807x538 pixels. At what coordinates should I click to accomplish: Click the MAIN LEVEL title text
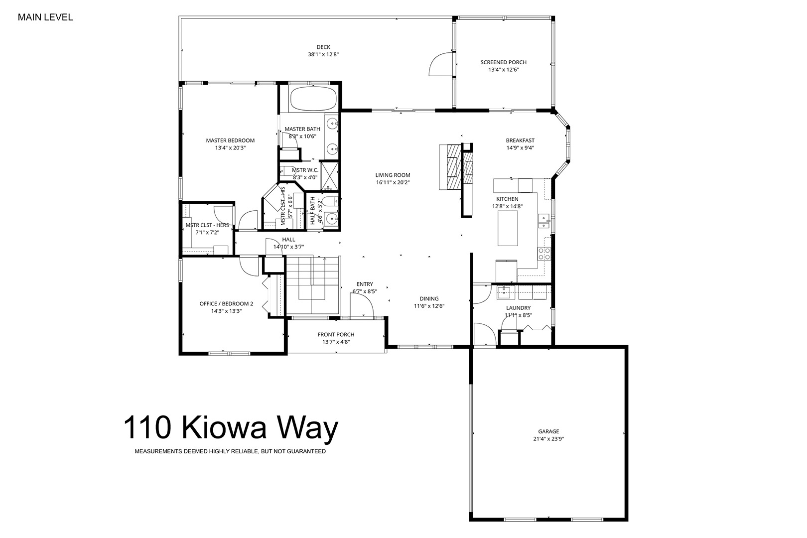tap(45, 17)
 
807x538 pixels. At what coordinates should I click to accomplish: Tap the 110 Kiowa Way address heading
tap(231, 427)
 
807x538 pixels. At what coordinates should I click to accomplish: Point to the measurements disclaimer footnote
tap(230, 451)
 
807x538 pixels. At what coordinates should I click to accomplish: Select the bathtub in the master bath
tap(313, 98)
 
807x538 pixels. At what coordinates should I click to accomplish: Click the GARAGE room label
tap(548, 431)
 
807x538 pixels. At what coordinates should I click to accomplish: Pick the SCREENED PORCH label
tap(503, 62)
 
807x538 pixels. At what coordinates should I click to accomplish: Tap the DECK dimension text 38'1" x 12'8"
tap(323, 55)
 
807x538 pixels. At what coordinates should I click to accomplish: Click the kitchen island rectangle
tap(508, 229)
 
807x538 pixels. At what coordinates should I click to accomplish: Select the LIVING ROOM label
tap(393, 175)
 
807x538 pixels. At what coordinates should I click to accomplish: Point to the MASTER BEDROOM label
tap(230, 140)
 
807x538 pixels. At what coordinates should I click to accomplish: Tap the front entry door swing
tap(361, 305)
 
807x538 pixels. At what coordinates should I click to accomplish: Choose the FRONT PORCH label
tap(336, 335)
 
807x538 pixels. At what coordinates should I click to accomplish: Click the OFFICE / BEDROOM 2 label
tap(226, 304)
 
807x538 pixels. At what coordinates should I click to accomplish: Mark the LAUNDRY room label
tap(518, 308)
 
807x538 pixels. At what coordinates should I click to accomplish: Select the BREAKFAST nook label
tap(520, 140)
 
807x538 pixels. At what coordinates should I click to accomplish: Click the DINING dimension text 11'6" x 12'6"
tap(429, 306)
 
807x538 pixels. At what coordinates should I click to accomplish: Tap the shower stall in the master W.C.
tap(329, 176)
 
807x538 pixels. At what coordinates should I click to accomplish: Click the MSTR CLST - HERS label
tap(207, 225)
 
